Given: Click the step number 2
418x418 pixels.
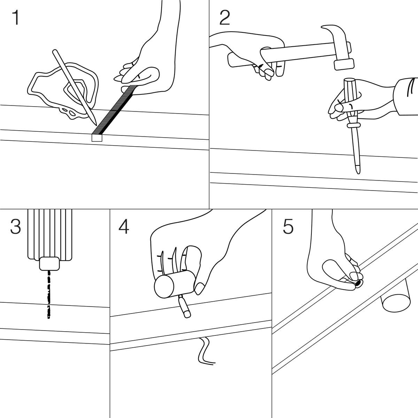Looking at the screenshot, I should coord(225,18).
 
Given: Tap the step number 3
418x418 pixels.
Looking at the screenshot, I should coord(15,227).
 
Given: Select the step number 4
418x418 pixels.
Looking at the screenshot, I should coord(124,227).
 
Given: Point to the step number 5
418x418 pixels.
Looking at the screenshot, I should coord(288,227).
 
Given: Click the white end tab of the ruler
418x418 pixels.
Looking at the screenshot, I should coord(96,138).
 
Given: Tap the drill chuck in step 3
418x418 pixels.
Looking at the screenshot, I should coord(50,264).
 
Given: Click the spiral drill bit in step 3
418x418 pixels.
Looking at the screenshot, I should coord(49,293).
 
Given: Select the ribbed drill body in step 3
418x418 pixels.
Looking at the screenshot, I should coord(49,233).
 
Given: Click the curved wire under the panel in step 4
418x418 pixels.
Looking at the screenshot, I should coord(204,352).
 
